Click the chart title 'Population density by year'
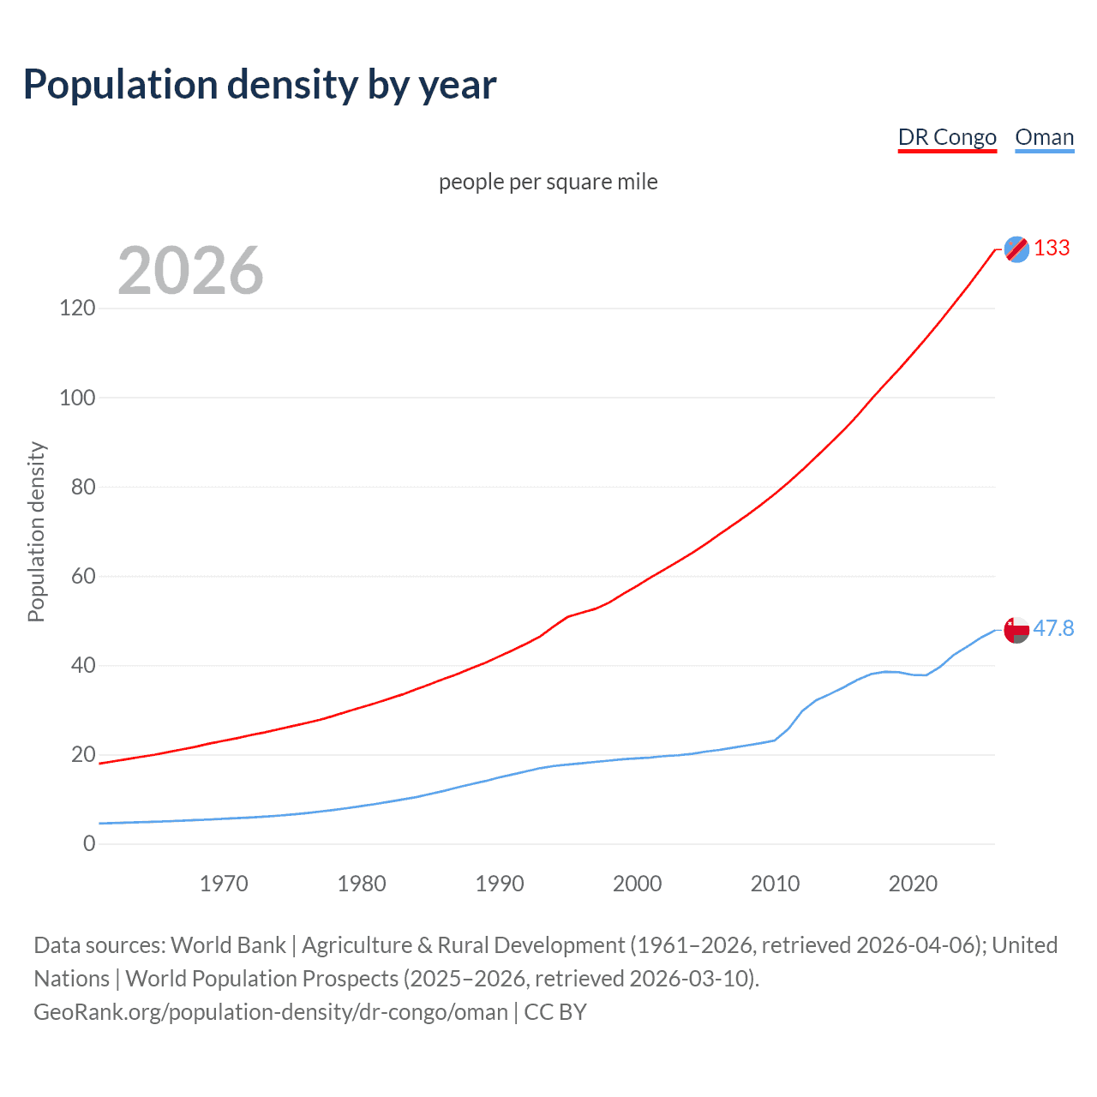point(260,85)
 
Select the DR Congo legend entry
point(947,137)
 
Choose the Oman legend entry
point(1044,137)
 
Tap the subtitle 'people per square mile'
point(548,182)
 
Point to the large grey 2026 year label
point(190,270)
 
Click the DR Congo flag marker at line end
point(1016,249)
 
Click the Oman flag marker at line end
point(1016,630)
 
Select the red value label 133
point(1052,248)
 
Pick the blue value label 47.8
point(1053,629)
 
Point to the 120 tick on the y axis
point(77,308)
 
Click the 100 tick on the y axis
point(77,398)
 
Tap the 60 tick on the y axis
point(83,576)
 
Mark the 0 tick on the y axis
point(89,843)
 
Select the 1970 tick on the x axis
point(224,884)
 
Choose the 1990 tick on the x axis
point(500,884)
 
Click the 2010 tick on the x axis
point(775,884)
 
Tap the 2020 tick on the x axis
point(913,884)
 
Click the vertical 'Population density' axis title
point(36,531)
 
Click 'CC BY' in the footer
point(555,1012)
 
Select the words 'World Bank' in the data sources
point(228,945)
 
